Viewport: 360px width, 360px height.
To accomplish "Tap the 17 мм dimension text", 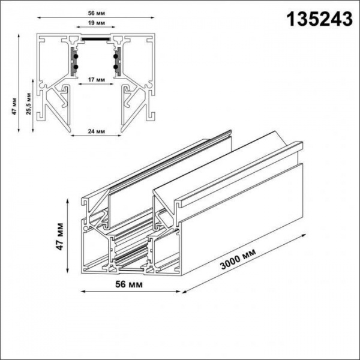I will [92, 79].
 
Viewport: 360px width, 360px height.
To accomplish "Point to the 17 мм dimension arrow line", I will [94, 84].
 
